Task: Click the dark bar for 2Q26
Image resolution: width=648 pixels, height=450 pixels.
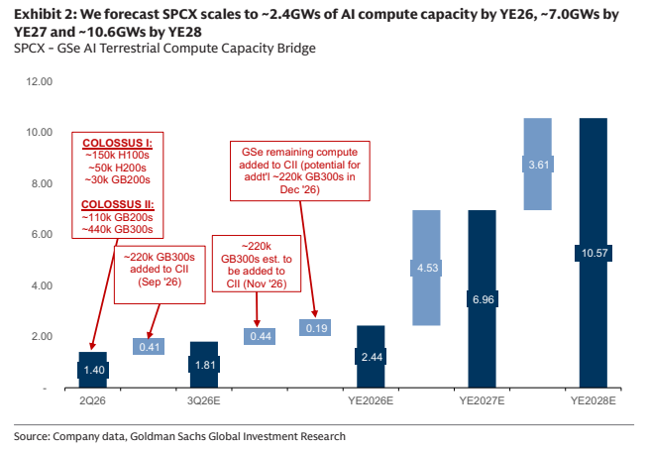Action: coord(93,370)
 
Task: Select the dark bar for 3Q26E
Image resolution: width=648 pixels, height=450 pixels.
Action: coord(204,365)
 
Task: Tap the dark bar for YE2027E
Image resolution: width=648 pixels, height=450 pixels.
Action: coord(482,298)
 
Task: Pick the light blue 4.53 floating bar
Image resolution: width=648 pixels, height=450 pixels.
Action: coord(426,268)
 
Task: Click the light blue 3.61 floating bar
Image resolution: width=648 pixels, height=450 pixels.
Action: coord(538,165)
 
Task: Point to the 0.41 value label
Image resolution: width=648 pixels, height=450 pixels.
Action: coord(149,347)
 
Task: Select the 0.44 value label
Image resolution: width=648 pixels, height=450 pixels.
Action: coord(260,336)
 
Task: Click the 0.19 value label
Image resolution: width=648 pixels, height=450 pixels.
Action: coord(316,328)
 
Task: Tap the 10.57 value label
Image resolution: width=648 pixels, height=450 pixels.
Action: coord(594,253)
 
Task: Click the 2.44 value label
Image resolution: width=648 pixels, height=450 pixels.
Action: coord(372,357)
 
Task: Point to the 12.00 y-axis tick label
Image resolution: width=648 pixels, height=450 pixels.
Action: coord(40,81)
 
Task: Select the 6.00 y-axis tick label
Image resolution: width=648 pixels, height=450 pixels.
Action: coord(42,234)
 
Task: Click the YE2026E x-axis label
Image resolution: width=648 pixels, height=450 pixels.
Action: coord(371,400)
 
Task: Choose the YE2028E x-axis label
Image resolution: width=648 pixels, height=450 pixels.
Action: coord(594,400)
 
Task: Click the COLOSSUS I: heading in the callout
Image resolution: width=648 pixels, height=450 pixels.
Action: coord(117,143)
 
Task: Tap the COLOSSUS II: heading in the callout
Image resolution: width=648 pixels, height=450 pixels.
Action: coord(118,205)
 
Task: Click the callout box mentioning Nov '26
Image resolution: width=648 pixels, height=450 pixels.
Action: coord(257,264)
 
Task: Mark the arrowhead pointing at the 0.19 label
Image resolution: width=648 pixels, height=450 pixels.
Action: coord(314,313)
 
